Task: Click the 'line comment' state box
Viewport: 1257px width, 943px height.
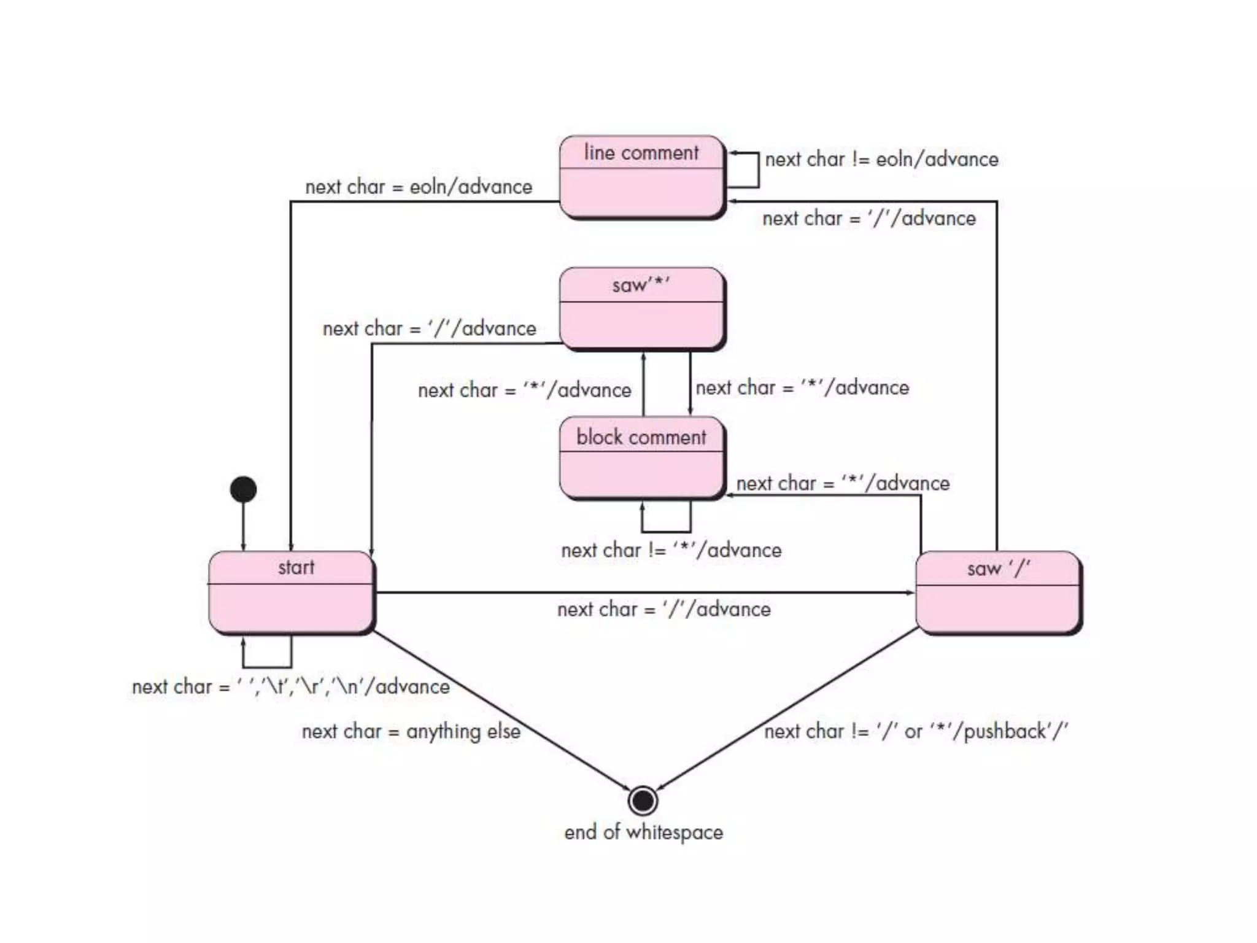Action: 641,177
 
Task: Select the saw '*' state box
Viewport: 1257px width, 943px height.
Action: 641,308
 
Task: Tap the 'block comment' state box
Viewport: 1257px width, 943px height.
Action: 641,458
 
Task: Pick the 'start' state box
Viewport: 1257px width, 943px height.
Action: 291,592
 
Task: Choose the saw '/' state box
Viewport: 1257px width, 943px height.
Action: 998,593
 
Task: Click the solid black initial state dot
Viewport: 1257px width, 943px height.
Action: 243,489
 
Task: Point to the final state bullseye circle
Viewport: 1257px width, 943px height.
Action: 643,800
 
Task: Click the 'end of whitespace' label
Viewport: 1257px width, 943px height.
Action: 643,832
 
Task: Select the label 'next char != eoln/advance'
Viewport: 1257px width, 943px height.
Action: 881,160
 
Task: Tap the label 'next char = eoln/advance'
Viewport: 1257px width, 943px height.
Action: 419,187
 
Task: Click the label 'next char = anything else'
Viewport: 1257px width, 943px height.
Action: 411,731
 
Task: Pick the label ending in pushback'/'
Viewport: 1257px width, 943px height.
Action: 916,731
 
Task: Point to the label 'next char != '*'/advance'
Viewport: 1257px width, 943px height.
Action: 671,550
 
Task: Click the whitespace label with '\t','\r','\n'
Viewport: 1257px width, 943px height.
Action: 290,686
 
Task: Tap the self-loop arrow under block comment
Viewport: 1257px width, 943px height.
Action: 666,530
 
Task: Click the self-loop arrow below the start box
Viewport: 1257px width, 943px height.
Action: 267,666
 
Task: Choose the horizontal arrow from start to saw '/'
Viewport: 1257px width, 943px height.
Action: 644,592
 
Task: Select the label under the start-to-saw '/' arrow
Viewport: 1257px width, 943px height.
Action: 663,610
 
